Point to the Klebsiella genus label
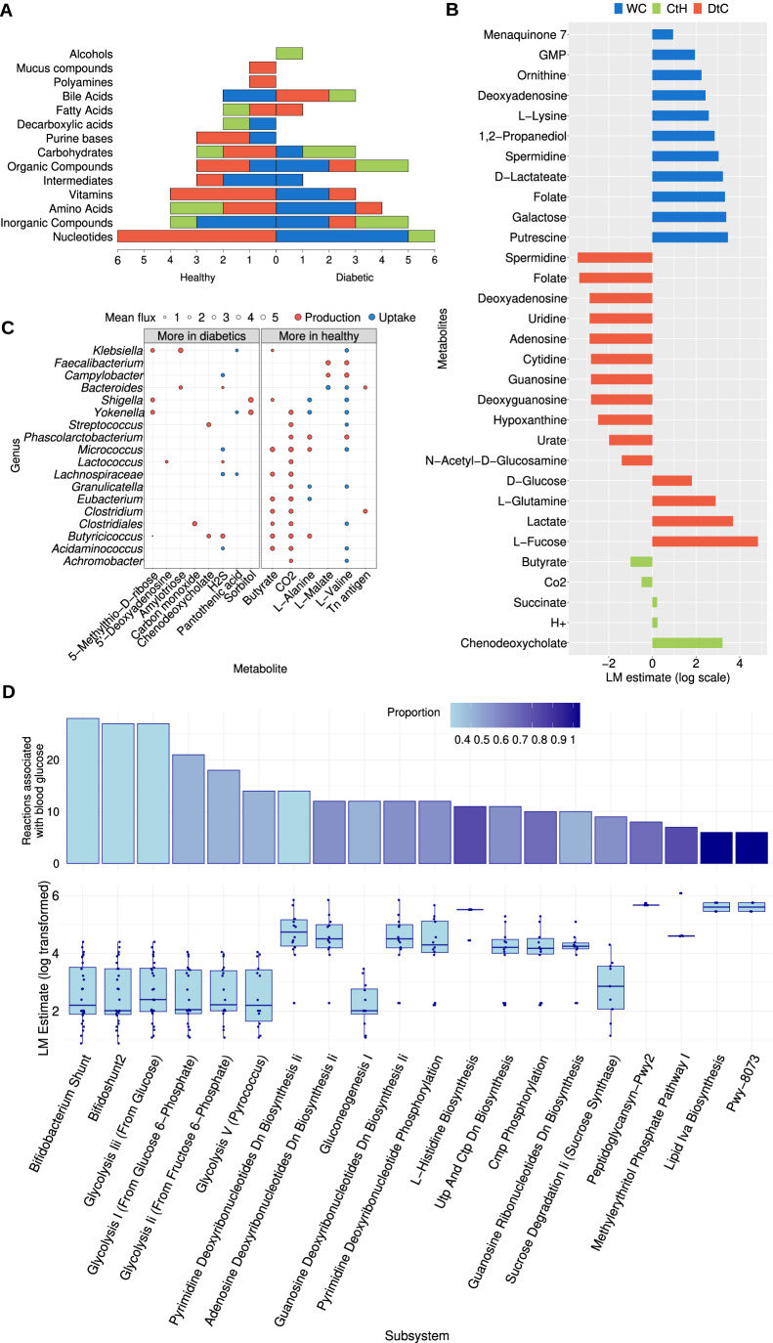(117, 349)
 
